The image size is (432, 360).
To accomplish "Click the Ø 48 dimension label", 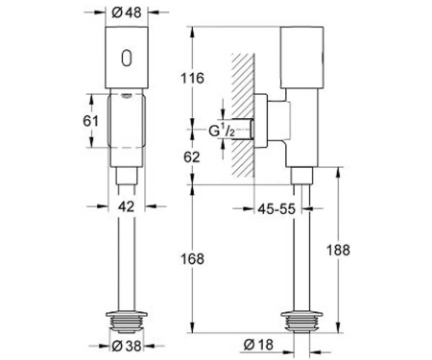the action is coord(127,12).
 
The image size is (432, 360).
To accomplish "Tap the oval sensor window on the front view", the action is coord(127,59).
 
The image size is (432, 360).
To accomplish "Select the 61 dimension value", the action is coord(90,121).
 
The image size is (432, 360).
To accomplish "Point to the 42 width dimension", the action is coord(126,206).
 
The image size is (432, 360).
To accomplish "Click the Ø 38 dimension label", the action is coord(127,346).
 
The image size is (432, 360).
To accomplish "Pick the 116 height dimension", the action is coord(192,78).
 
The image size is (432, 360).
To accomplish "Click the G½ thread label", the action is coord(222,131).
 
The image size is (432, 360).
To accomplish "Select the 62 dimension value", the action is coord(192,156).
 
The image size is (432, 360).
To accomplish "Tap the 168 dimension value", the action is coord(192,259).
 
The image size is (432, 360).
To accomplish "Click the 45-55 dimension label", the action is coord(276,209).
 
